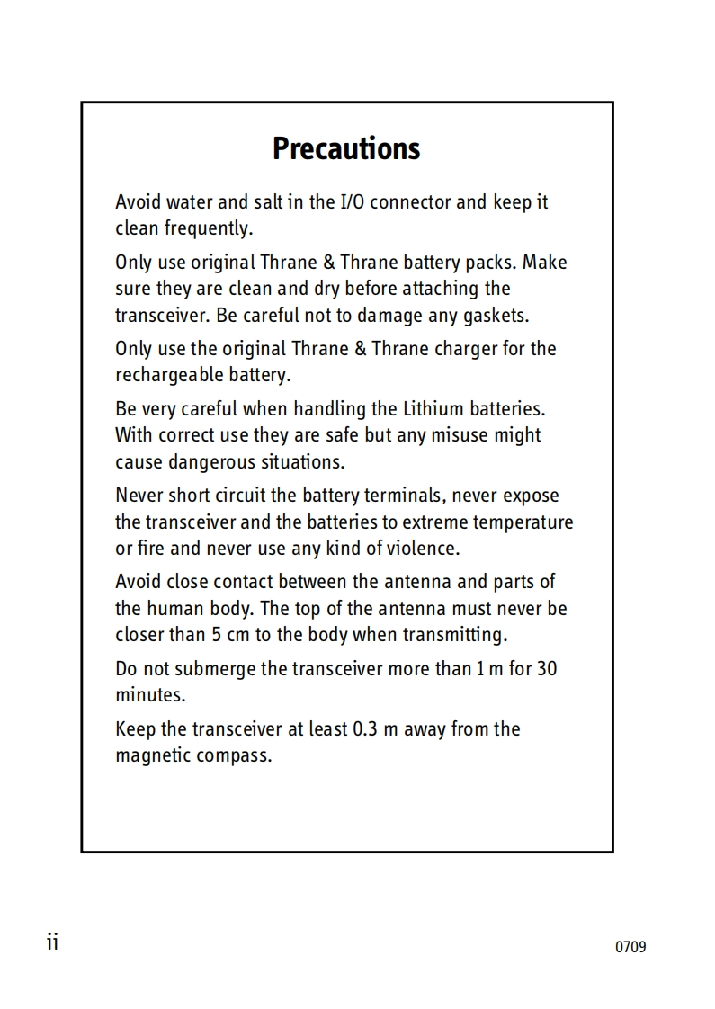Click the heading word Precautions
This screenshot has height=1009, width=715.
346,148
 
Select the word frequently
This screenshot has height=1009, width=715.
208,228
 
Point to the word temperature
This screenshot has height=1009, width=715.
523,522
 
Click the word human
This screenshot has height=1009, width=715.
177,608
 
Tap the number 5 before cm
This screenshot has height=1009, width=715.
217,635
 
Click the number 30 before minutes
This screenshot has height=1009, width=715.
547,669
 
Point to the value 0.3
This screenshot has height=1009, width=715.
364,728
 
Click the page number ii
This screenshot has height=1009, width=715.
52,942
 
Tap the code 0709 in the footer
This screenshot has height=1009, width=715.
630,947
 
